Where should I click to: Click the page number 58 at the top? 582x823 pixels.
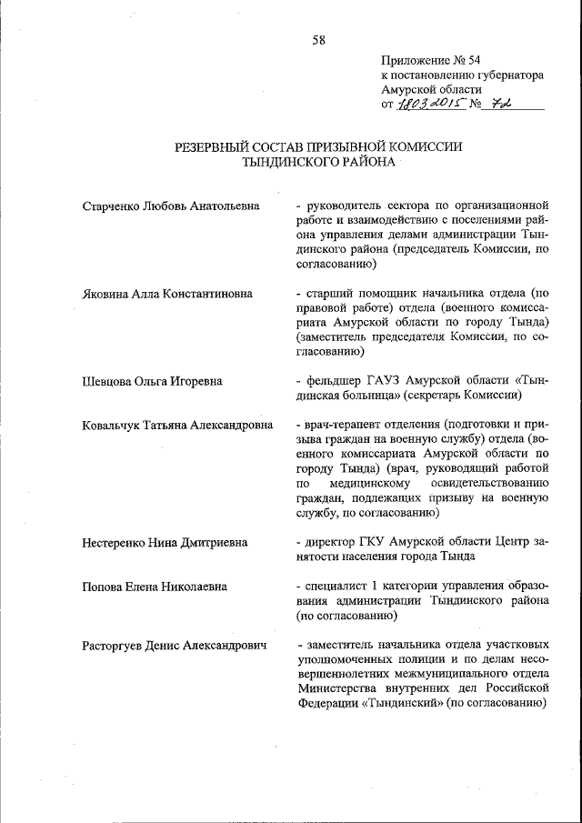pos(318,39)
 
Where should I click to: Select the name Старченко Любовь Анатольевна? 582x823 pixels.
pos(171,206)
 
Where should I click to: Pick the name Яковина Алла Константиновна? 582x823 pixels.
pos(167,294)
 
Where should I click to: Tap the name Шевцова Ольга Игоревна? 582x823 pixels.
pos(152,381)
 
